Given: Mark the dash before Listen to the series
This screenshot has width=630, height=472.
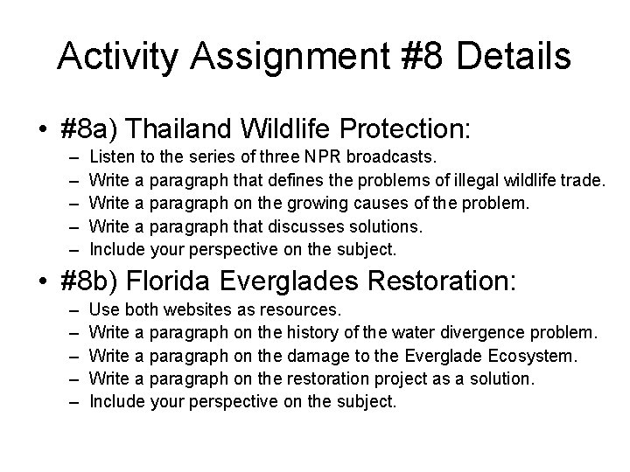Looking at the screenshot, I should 71,157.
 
